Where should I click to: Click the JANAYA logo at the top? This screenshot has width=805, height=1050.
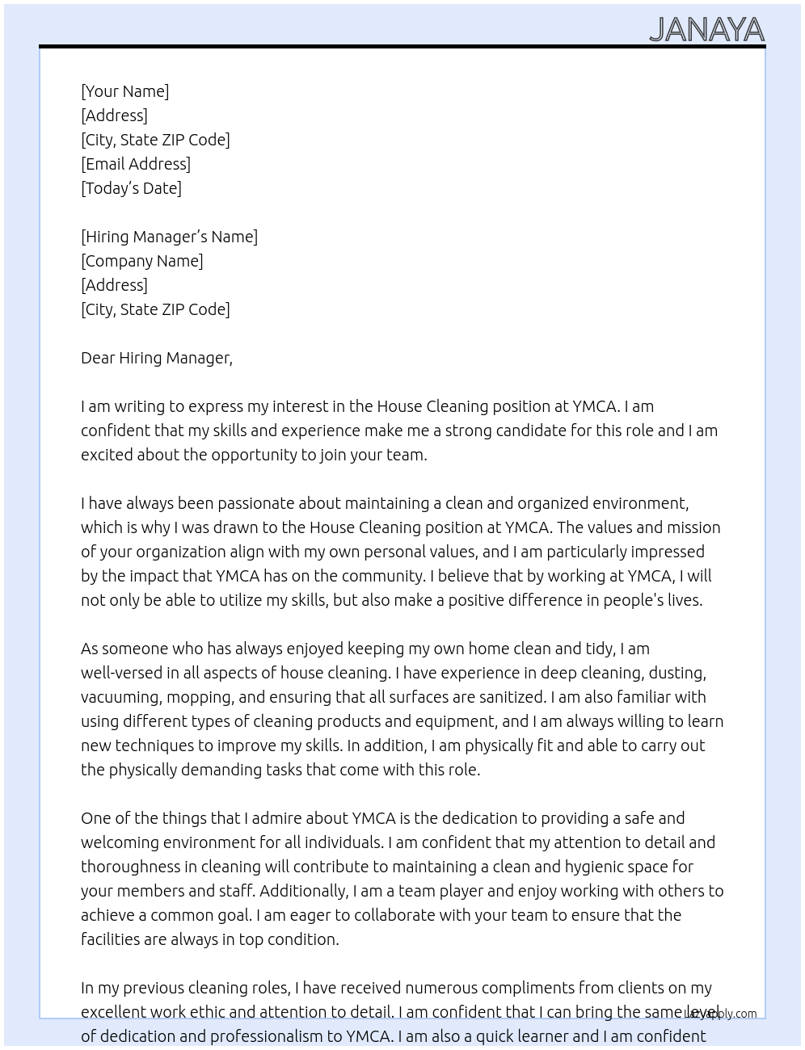click(706, 30)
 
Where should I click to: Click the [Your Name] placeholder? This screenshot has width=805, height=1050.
click(124, 91)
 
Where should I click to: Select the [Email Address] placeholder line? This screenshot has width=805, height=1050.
click(136, 164)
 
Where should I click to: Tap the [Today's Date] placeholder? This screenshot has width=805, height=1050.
click(131, 188)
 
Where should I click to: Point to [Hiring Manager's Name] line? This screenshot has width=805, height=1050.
click(169, 237)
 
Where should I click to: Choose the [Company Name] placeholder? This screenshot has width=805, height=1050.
click(141, 261)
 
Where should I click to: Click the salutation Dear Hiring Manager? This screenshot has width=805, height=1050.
click(156, 358)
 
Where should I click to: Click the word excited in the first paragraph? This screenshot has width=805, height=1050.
click(107, 455)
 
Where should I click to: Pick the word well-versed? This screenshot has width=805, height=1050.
click(119, 673)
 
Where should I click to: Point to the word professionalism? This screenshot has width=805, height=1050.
click(253, 1036)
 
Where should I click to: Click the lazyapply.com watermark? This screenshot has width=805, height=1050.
click(721, 1014)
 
